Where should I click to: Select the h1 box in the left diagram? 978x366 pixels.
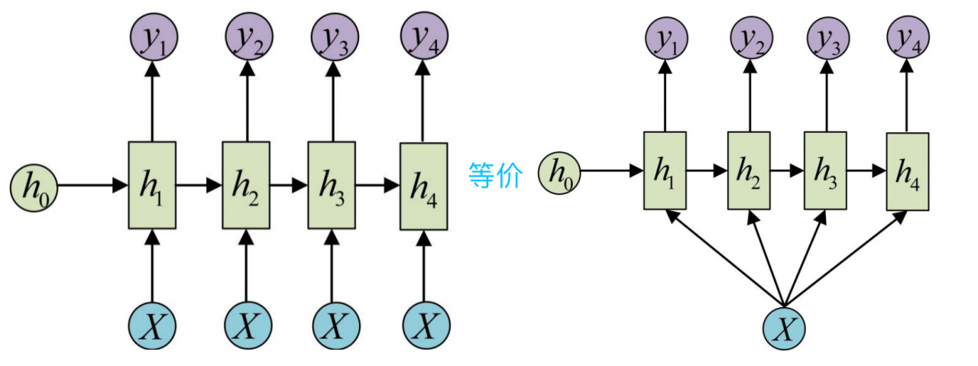tap(152, 185)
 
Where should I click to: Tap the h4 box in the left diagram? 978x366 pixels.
tap(424, 186)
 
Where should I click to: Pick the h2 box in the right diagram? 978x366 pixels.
tap(748, 170)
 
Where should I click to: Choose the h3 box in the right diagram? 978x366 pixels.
tap(825, 170)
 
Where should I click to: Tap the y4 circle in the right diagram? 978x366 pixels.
tap(908, 39)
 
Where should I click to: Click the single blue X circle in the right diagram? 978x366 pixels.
tap(785, 327)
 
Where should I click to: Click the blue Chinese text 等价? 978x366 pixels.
tap(496, 177)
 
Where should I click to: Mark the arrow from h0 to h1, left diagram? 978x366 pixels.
tap(92, 185)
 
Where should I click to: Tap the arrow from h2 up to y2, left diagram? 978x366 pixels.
tap(246, 99)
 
